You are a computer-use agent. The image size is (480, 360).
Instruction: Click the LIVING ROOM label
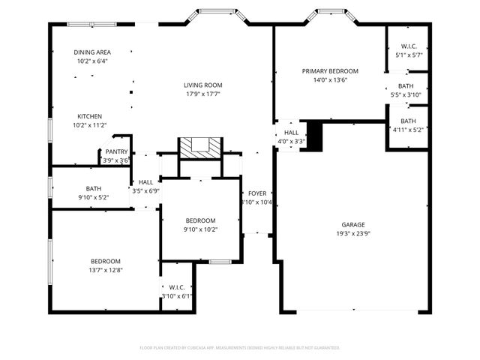203,85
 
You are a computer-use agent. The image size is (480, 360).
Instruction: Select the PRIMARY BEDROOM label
330,71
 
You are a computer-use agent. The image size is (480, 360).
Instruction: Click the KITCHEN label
90,116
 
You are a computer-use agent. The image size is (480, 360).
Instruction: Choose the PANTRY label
115,151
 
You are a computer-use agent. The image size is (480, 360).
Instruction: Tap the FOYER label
257,193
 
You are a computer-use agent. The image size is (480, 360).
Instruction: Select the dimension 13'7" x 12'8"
106,269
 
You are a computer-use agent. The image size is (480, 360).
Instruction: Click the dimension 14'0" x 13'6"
330,80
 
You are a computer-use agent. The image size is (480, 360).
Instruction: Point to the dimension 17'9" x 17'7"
203,94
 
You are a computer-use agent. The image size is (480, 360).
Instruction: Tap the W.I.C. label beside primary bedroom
409,46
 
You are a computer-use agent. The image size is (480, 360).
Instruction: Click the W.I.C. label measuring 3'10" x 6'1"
177,296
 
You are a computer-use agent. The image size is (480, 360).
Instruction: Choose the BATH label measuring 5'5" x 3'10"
405,94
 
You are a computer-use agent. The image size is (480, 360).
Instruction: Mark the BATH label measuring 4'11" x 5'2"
408,130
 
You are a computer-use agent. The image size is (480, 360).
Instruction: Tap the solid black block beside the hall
316,134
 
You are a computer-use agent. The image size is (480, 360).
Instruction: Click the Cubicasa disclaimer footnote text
240,348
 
